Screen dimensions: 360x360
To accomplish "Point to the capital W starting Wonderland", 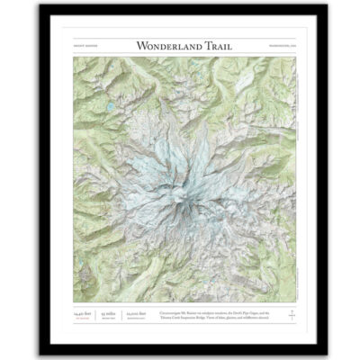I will coord(140,44).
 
